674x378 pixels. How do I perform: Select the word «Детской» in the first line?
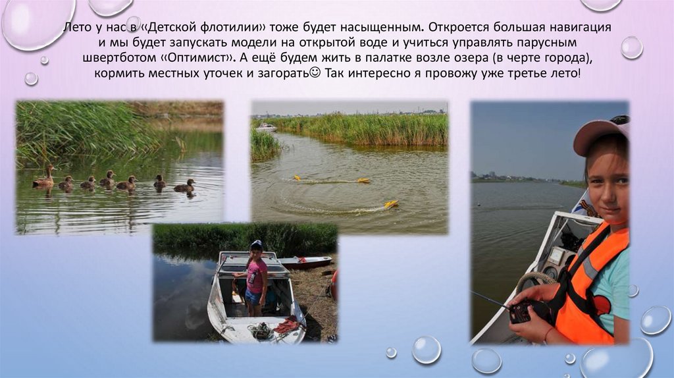pyautogui.click(x=172, y=28)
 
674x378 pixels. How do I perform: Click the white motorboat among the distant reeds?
pyautogui.click(x=267, y=127)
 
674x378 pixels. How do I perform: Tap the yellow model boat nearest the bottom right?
pyautogui.click(x=391, y=204)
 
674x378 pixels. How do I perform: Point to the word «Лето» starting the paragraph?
pyautogui.click(x=75, y=28)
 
